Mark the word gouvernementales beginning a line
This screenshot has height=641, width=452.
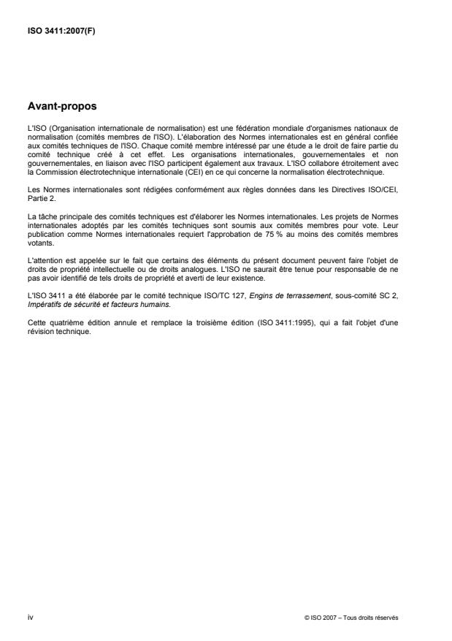click(55, 165)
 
